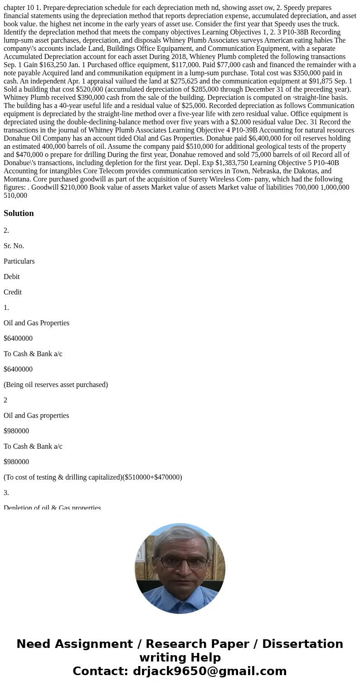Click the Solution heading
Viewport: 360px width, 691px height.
(19, 213)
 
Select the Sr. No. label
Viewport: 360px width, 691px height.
(14, 246)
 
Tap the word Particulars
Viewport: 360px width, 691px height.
(19, 261)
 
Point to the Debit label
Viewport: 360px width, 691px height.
(12, 277)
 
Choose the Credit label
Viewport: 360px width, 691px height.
(13, 292)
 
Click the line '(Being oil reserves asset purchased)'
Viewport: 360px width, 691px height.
(56, 385)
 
